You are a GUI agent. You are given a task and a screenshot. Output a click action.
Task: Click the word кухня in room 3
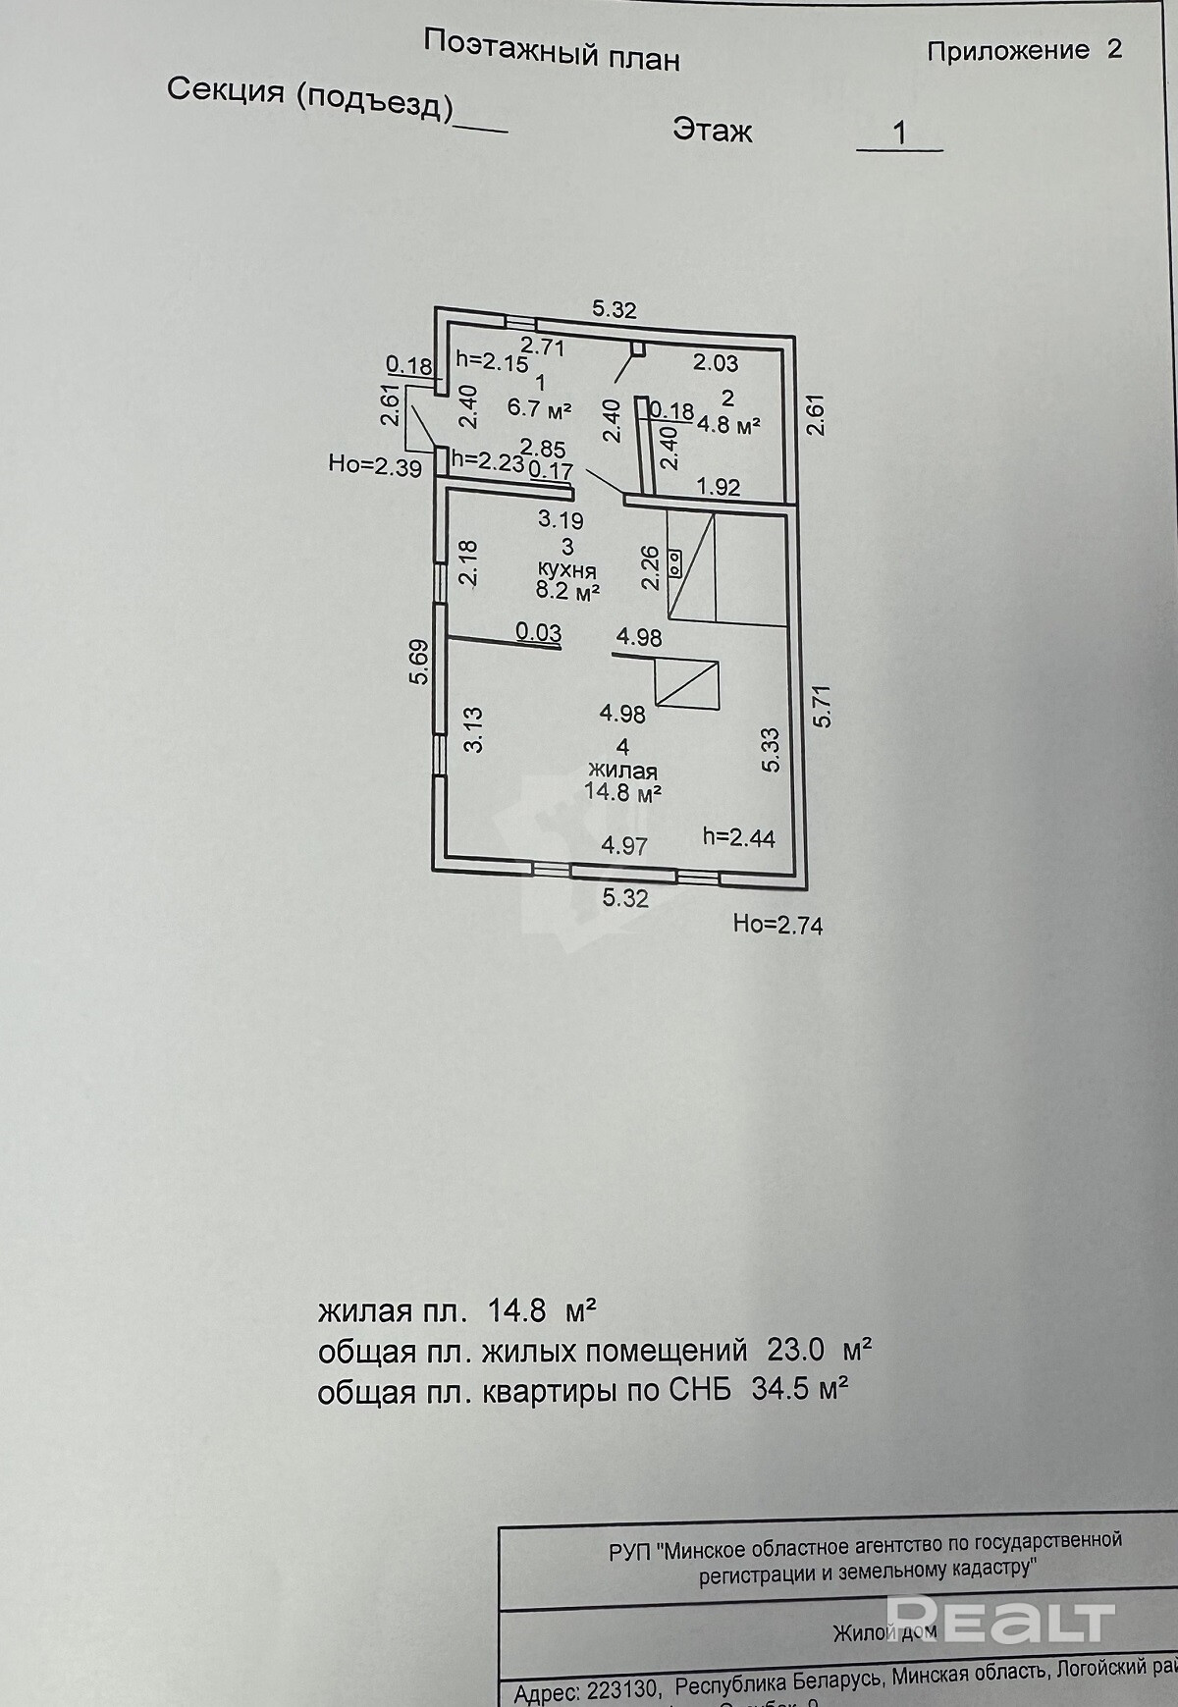pyautogui.click(x=566, y=569)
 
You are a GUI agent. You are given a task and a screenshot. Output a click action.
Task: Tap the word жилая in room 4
pyautogui.click(x=622, y=771)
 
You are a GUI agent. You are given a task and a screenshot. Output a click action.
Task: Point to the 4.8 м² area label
pyautogui.click(x=729, y=424)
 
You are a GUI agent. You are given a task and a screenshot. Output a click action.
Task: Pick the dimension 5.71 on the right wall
pyautogui.click(x=823, y=705)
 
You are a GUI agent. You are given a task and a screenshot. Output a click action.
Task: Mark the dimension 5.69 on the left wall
pyautogui.click(x=419, y=662)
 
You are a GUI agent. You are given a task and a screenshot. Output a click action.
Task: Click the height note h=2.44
pyautogui.click(x=739, y=837)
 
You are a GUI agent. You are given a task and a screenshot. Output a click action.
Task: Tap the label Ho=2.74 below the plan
pyautogui.click(x=777, y=924)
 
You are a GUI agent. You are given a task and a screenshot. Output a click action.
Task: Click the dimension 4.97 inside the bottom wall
pyautogui.click(x=624, y=844)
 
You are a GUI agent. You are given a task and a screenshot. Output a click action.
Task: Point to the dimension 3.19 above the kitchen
pyautogui.click(x=560, y=520)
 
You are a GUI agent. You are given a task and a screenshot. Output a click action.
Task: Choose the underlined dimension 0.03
pyautogui.click(x=538, y=633)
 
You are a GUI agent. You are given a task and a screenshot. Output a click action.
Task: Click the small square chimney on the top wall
pyautogui.click(x=638, y=347)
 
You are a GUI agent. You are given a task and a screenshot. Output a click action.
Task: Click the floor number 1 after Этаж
pyautogui.click(x=899, y=133)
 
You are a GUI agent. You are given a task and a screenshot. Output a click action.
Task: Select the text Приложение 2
pyautogui.click(x=1023, y=50)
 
